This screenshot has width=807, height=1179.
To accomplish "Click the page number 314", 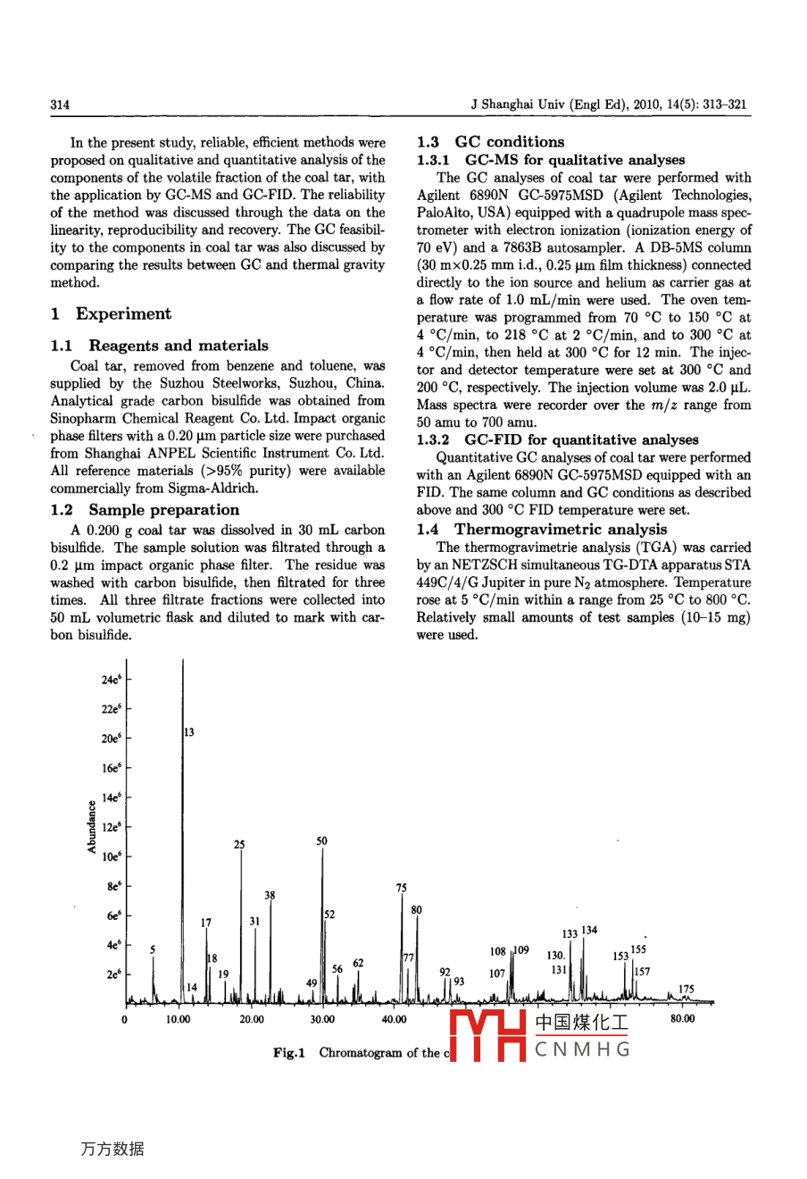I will tap(60, 105).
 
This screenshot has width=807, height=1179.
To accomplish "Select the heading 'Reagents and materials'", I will tap(179, 346).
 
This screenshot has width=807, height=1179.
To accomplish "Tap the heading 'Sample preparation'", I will tap(163, 510).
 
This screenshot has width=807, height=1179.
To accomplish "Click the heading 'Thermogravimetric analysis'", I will tap(561, 530).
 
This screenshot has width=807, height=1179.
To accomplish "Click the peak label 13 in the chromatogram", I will tap(189, 732).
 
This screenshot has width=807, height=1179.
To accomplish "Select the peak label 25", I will tap(239, 844).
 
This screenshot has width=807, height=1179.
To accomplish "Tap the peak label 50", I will tap(321, 841).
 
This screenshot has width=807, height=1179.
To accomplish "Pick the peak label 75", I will tap(401, 888).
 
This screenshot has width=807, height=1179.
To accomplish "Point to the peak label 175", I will tap(686, 989).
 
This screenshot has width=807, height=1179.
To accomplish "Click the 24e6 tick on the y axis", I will tap(111, 680).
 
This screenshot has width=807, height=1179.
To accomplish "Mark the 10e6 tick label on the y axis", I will tap(111, 857).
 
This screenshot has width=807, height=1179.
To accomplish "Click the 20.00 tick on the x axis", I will tap(251, 1019).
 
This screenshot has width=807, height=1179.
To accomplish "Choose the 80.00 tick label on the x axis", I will tap(682, 1019).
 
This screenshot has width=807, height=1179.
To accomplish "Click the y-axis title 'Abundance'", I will tap(91, 826).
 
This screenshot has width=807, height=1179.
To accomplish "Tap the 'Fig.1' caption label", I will tap(288, 1054).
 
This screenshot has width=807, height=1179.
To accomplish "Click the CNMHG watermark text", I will tap(582, 1049).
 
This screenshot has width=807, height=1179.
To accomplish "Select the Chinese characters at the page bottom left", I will tap(112, 1149).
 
